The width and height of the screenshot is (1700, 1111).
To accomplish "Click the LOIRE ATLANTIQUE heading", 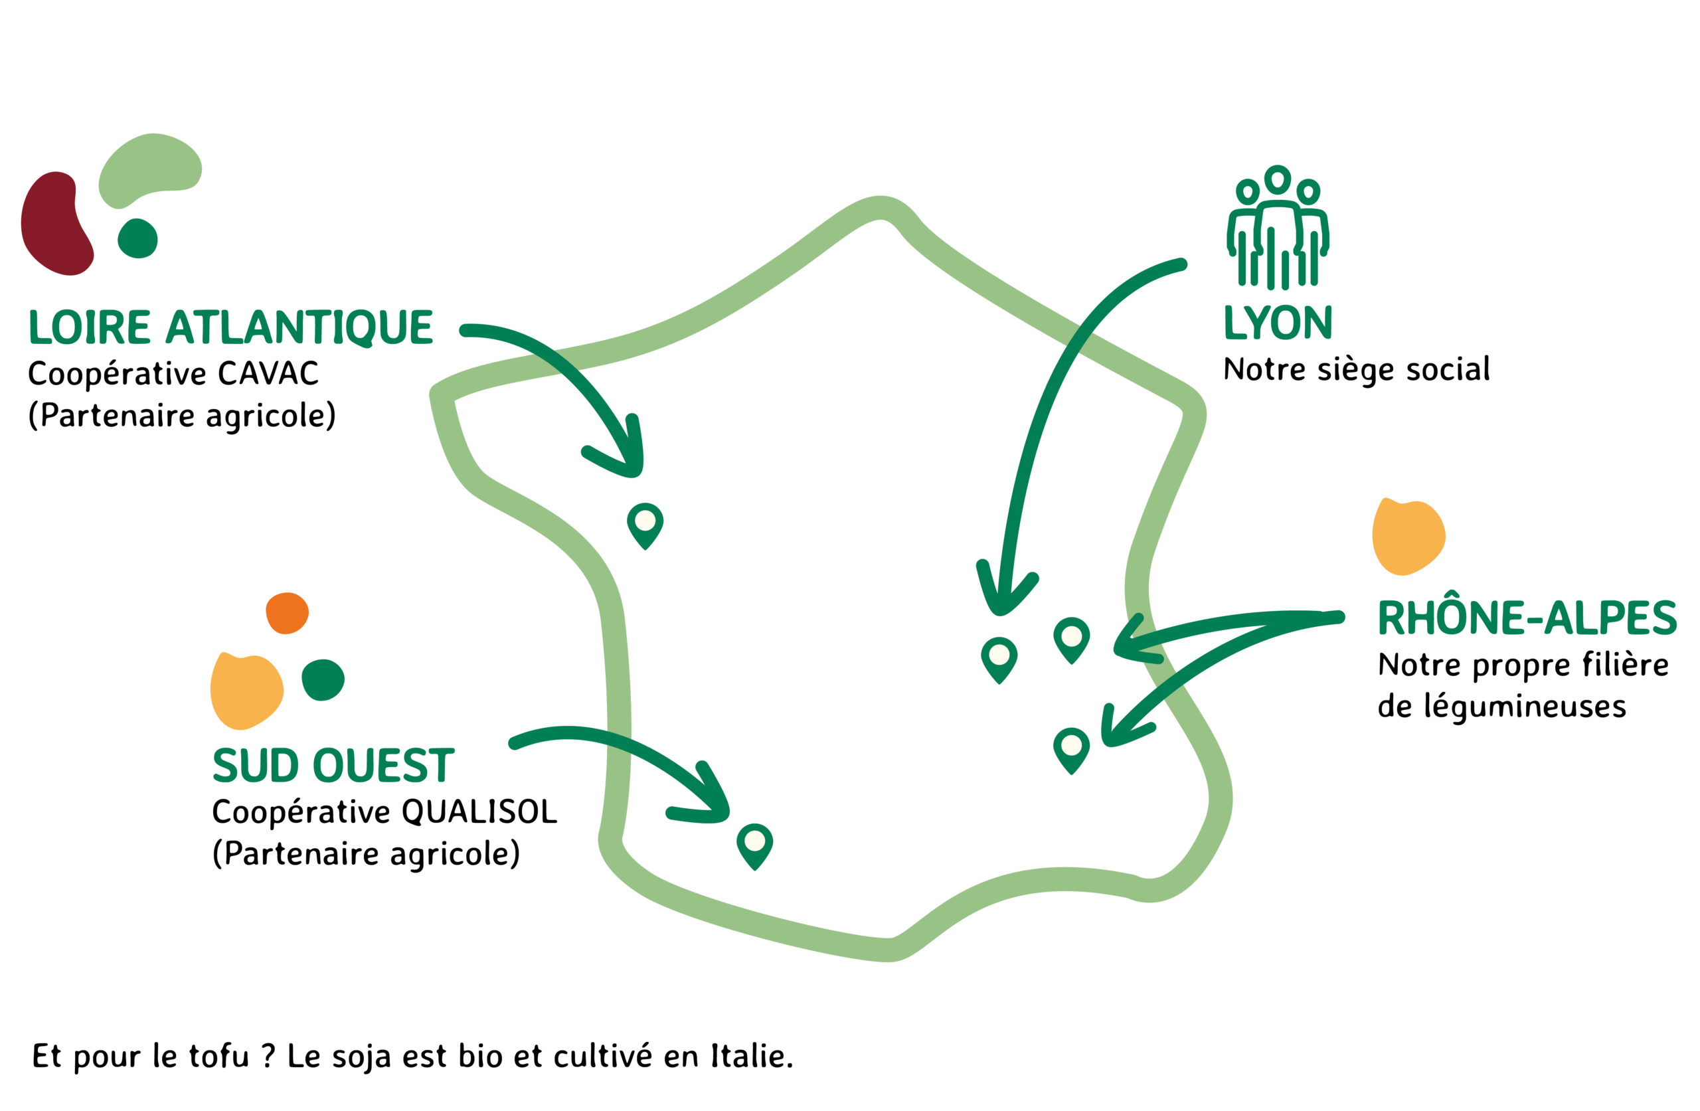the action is click(230, 328).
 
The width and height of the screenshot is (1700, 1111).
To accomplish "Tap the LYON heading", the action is click(1278, 322).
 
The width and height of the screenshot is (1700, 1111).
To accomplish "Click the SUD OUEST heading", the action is click(333, 765).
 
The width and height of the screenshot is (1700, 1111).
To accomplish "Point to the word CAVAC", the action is click(268, 374).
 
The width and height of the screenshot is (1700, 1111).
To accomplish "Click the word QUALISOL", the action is click(479, 812).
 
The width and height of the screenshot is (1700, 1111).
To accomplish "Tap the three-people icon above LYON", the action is click(1278, 227).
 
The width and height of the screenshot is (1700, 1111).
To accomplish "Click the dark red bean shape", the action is click(57, 223).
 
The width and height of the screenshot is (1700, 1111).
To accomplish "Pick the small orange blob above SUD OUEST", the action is click(287, 613).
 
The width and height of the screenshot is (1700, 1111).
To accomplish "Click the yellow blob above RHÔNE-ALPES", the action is click(1408, 536).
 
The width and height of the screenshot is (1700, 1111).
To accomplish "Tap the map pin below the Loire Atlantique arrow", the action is click(645, 526).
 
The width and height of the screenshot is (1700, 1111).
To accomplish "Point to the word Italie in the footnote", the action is click(752, 1056).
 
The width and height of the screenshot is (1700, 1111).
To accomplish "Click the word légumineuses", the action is click(1502, 707).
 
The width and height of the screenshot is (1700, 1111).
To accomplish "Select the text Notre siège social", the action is click(1357, 370).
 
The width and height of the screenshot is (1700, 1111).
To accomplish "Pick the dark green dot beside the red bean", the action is click(138, 238).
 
